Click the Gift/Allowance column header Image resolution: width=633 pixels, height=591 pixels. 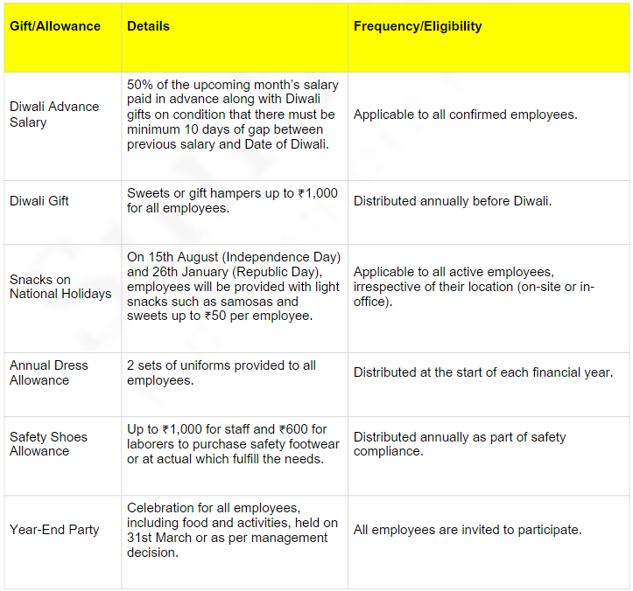(55, 26)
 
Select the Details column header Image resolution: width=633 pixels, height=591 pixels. (148, 26)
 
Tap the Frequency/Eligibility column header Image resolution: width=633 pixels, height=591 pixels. (418, 26)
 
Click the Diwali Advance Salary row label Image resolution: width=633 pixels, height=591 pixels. (54, 115)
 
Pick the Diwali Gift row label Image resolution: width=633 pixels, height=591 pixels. (39, 201)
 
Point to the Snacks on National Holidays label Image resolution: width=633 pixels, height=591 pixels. (60, 287)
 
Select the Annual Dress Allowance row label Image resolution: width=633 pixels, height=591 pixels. (49, 372)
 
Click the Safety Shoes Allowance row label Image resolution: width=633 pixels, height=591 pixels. (48, 443)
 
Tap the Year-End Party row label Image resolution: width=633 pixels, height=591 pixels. (54, 530)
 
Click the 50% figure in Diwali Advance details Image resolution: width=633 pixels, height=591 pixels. (140, 85)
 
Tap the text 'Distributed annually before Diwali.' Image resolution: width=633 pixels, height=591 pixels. (453, 201)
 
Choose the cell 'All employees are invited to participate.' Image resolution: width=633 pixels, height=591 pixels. (468, 530)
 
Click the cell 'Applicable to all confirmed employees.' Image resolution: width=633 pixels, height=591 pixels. (465, 115)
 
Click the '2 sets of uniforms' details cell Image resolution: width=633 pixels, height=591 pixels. (221, 372)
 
